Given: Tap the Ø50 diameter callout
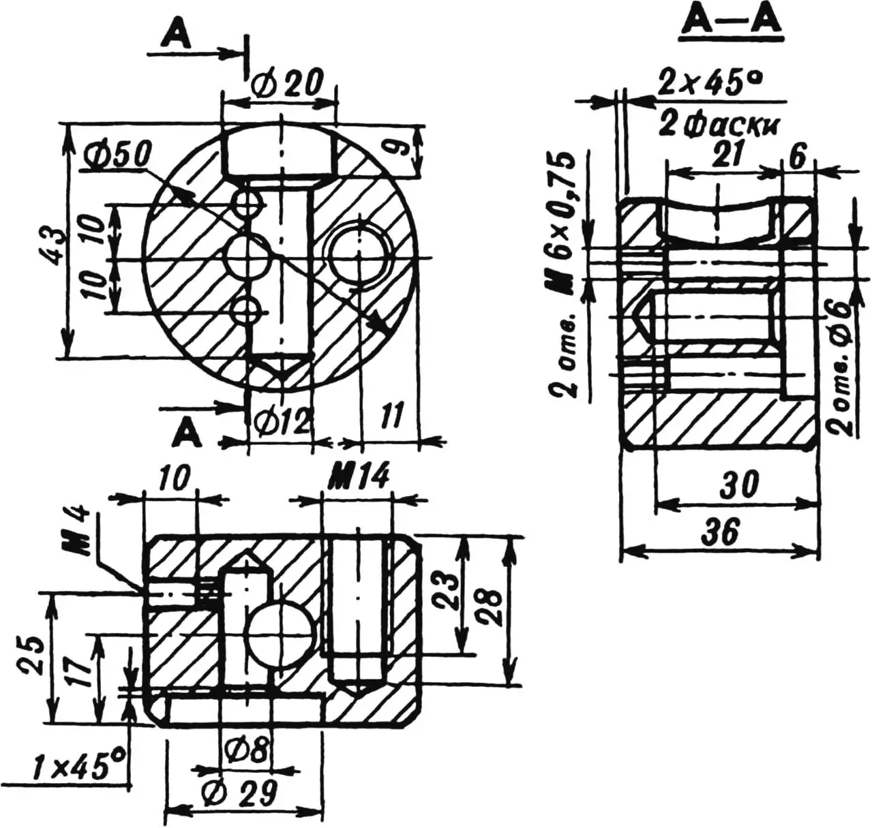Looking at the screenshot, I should pos(116,157).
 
